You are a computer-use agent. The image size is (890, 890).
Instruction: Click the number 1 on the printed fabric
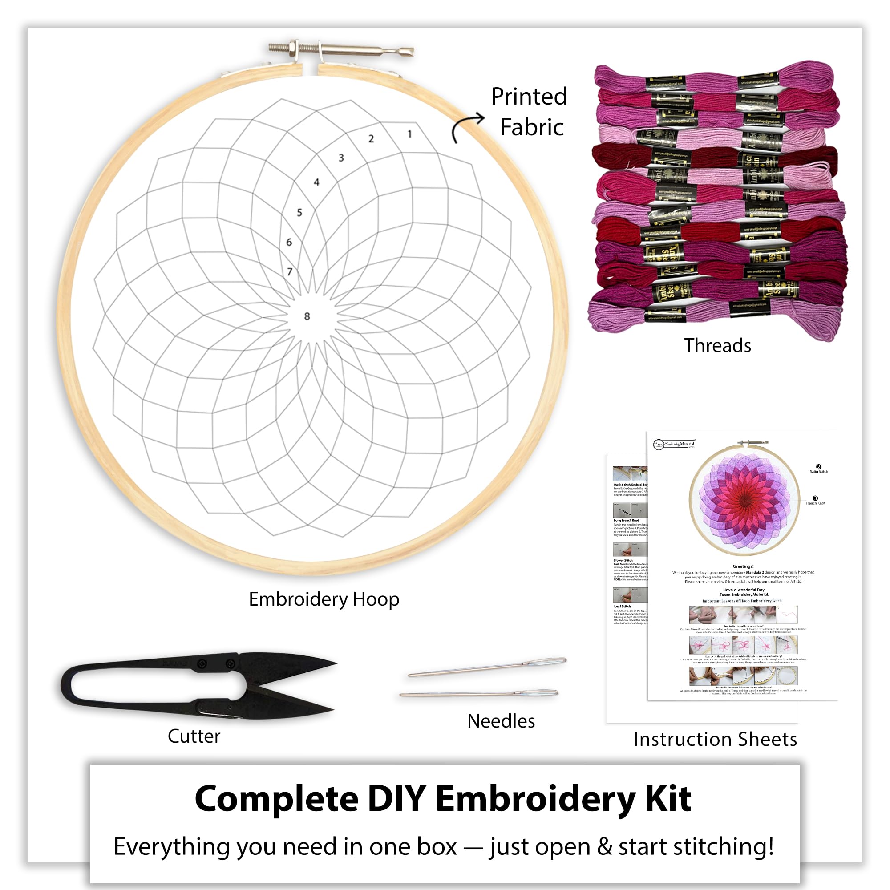[x=409, y=134]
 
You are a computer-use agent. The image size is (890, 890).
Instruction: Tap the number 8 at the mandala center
[x=307, y=316]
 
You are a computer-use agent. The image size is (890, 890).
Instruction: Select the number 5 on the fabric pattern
[x=299, y=212]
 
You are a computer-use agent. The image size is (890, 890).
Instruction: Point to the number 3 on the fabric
[x=341, y=158]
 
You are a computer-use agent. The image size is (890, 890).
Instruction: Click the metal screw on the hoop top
[x=341, y=49]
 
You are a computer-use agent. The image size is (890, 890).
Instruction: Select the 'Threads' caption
[x=717, y=345]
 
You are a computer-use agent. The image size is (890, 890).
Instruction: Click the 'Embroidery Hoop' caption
[x=324, y=599]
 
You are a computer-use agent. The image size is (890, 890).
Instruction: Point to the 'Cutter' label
[x=194, y=736]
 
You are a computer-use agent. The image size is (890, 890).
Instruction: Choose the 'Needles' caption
[x=501, y=721]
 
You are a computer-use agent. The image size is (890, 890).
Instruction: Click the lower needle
[x=479, y=693]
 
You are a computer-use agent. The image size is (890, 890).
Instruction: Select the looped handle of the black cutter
[x=125, y=686]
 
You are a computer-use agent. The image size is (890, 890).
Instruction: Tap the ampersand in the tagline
[x=604, y=847]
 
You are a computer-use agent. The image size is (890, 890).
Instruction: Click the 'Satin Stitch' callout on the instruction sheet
[x=819, y=471]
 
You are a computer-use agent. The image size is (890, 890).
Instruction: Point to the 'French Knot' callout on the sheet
[x=815, y=503]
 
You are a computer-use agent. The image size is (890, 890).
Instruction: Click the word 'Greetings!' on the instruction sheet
[x=743, y=566]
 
